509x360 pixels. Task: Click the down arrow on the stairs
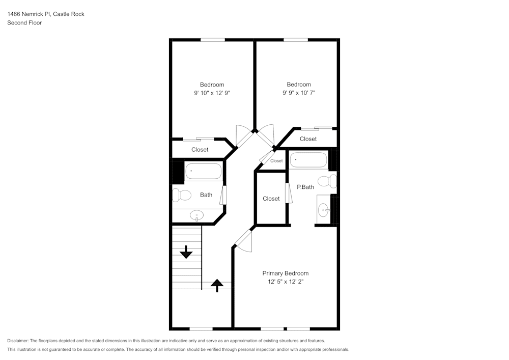click(x=186, y=252)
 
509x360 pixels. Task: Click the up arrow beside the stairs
click(x=217, y=285)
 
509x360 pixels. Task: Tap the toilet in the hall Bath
click(x=181, y=195)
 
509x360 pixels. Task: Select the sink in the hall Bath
click(x=196, y=216)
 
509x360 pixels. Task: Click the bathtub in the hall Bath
click(x=204, y=171)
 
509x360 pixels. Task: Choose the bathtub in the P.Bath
click(x=308, y=160)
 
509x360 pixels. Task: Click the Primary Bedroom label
click(x=285, y=273)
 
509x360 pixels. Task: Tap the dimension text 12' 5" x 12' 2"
click(x=285, y=282)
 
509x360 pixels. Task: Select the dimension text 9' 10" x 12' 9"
click(x=212, y=93)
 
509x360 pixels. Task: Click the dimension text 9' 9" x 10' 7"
click(x=298, y=93)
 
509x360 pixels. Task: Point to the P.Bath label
click(x=305, y=187)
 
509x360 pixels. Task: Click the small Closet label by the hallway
click(x=276, y=161)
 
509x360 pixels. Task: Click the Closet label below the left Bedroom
click(x=200, y=150)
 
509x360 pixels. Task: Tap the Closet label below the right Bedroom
click(x=308, y=139)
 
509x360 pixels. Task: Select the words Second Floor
click(x=24, y=23)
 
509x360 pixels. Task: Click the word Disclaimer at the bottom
click(x=18, y=341)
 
